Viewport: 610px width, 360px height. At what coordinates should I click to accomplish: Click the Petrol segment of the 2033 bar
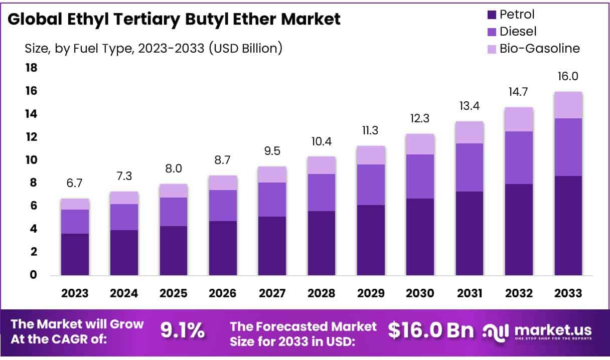[x=568, y=225]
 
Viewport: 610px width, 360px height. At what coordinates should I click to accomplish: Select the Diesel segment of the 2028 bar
[x=322, y=193]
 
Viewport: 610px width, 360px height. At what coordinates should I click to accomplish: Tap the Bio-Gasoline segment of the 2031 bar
[x=470, y=132]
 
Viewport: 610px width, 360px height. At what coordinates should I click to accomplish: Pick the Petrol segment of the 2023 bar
[x=75, y=254]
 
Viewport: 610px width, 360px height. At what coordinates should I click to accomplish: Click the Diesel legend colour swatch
[x=491, y=32]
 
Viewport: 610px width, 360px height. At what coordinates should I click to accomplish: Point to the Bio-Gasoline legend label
[x=539, y=49]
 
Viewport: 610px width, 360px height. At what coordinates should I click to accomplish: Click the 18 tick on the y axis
[x=32, y=68]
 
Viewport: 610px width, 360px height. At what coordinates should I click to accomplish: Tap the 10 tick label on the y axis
[x=32, y=160]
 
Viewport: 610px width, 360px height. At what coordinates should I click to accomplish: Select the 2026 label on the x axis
[x=223, y=293]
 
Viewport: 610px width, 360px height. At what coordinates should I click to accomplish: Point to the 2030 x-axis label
[x=420, y=293]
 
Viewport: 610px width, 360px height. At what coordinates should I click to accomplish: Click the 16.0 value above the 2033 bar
[x=568, y=77]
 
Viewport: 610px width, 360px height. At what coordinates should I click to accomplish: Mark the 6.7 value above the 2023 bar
[x=75, y=184]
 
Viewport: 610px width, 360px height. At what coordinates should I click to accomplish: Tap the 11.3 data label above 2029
[x=371, y=131]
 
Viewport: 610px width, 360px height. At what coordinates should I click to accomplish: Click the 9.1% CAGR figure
[x=182, y=330]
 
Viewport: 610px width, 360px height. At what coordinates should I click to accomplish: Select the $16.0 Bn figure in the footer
[x=431, y=330]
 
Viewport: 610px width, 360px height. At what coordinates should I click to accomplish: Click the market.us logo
[x=537, y=331]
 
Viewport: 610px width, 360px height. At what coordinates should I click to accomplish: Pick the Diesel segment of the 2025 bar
[x=174, y=212]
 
